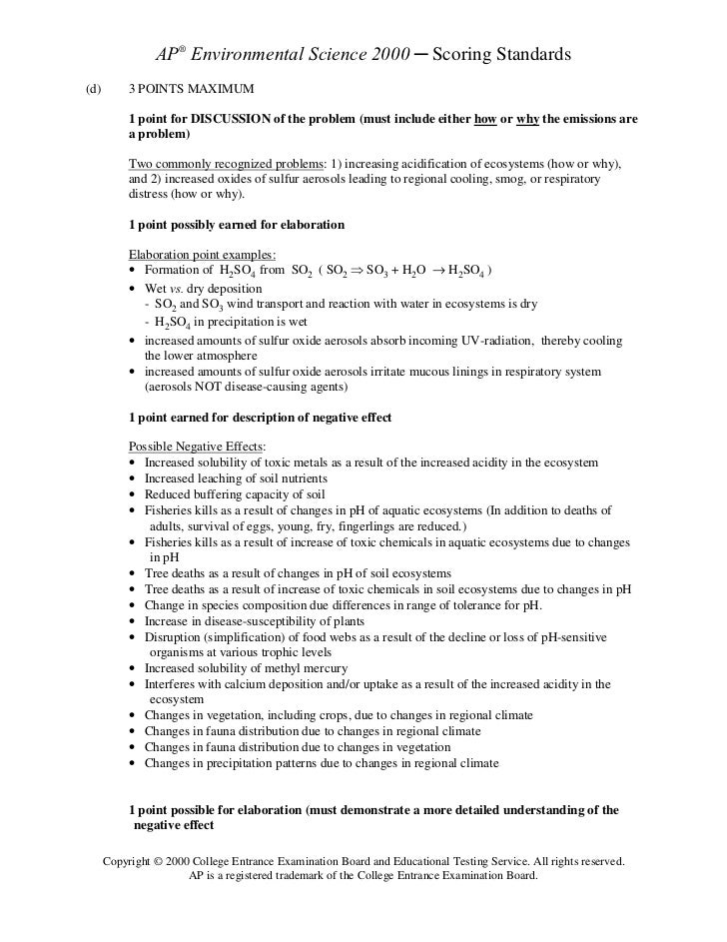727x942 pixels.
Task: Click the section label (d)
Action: point(94,90)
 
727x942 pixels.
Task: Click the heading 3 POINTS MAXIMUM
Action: point(192,90)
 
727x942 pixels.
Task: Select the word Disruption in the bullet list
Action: point(172,636)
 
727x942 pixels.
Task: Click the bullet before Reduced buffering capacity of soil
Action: point(134,493)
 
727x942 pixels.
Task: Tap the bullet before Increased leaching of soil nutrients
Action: point(134,478)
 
